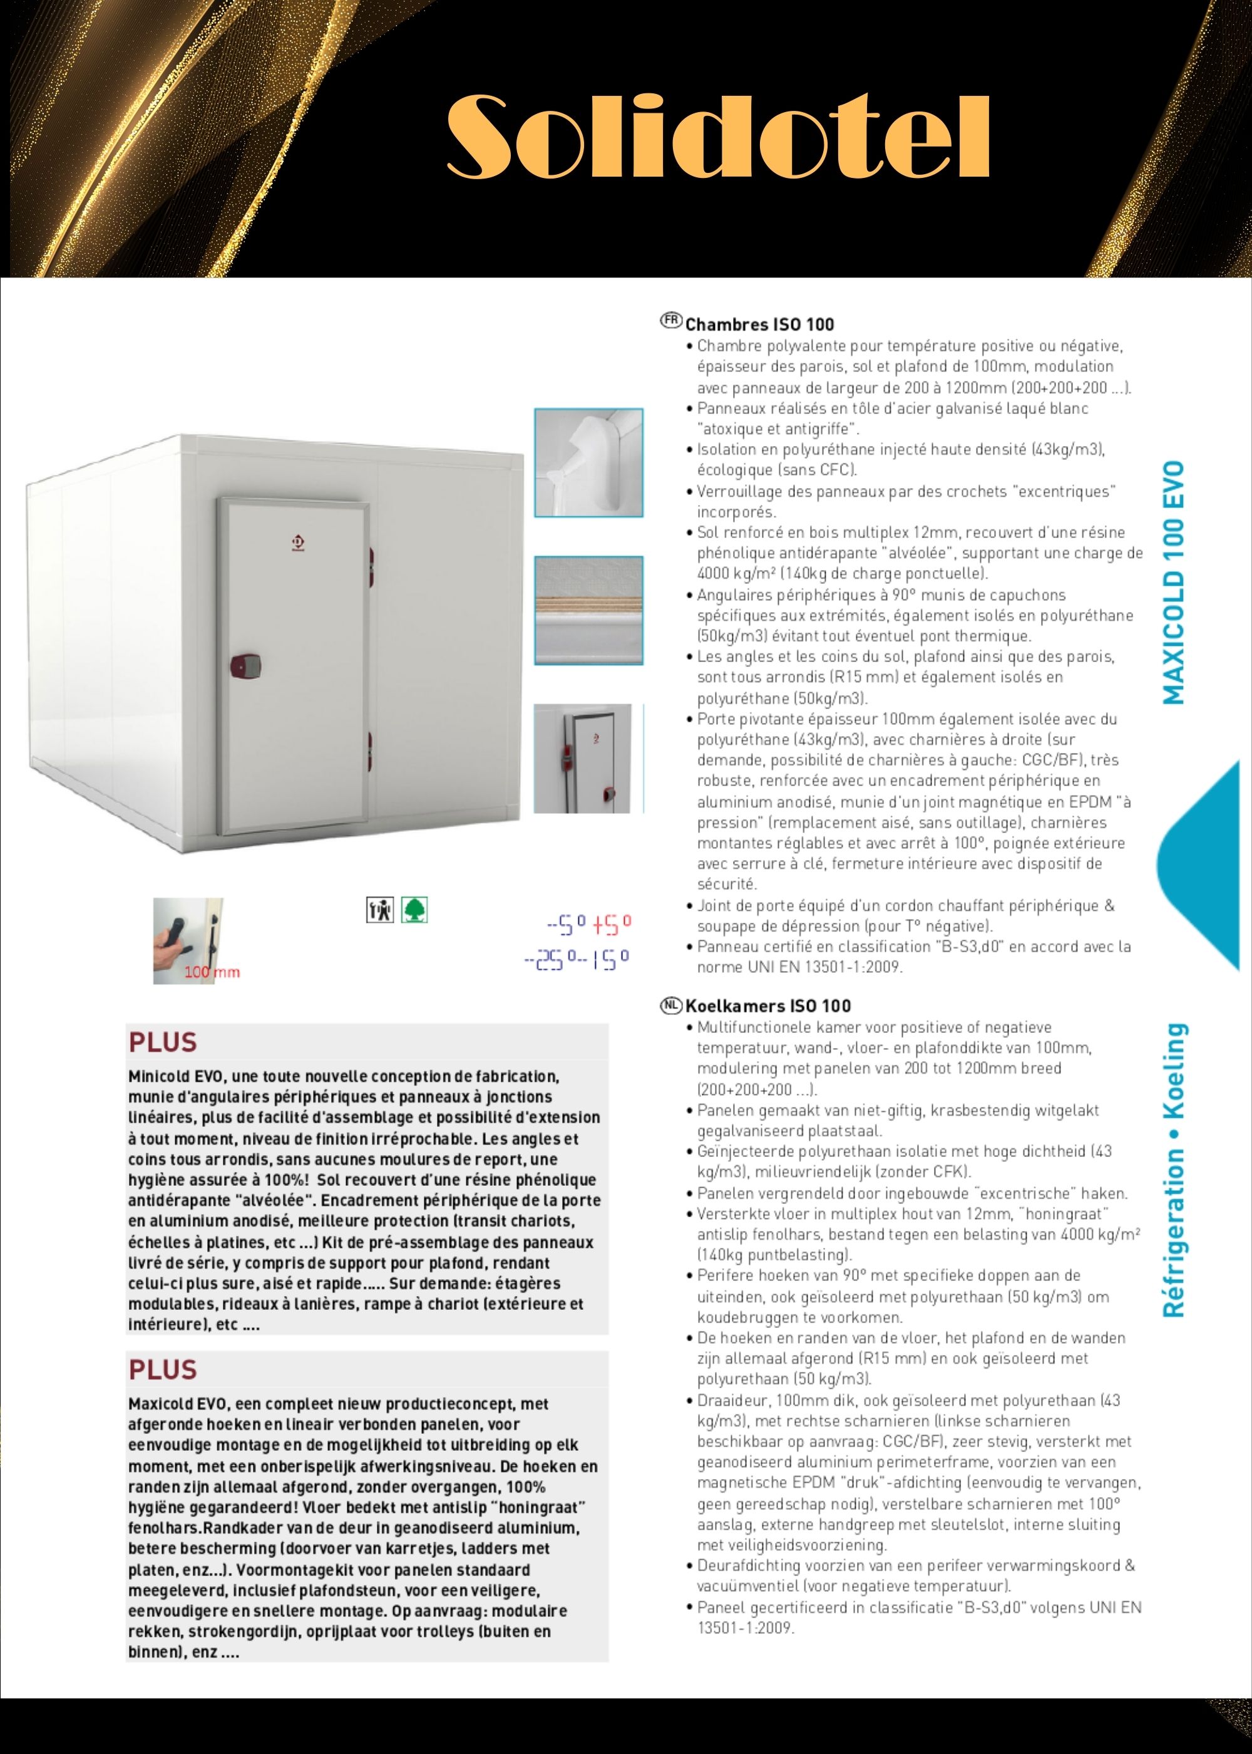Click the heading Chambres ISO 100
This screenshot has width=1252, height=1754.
click(759, 324)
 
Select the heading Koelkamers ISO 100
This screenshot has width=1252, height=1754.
click(768, 1006)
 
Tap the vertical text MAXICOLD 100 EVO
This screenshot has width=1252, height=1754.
click(1172, 583)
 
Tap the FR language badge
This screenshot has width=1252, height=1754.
click(672, 320)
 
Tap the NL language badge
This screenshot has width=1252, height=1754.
click(672, 1004)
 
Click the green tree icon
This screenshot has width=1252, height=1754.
click(415, 910)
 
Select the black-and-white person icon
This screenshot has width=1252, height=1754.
click(379, 910)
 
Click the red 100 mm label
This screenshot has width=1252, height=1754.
click(212, 972)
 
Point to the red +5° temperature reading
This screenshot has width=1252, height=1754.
click(612, 923)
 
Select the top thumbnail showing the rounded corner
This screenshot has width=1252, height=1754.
click(588, 463)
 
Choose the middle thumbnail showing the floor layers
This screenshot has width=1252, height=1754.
click(588, 610)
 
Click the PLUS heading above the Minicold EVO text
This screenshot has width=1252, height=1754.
click(163, 1042)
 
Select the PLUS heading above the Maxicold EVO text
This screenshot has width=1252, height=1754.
click(163, 1369)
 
